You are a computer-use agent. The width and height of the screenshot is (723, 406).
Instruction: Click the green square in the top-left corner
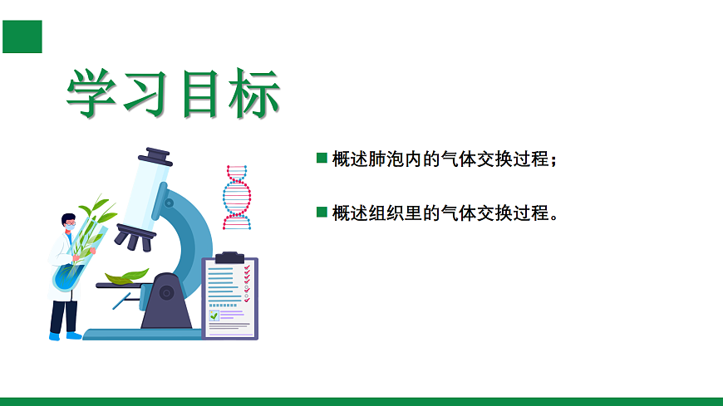click(x=22, y=36)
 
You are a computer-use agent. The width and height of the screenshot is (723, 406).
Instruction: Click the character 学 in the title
click(x=93, y=94)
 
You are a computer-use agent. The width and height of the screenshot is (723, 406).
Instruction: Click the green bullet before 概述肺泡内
click(x=322, y=158)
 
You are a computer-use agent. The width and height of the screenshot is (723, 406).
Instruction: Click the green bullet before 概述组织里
click(x=322, y=212)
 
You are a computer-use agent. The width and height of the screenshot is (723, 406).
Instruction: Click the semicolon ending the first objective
click(x=553, y=160)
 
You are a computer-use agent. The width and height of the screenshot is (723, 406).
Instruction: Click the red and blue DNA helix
click(x=237, y=197)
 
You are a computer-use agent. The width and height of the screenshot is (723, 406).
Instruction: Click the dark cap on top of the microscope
click(x=155, y=155)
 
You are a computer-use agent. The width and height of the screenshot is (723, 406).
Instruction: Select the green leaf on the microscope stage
click(x=125, y=276)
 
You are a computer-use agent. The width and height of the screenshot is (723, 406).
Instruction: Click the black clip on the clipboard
click(x=230, y=257)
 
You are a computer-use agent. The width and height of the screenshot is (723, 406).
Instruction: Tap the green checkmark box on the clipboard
click(x=214, y=316)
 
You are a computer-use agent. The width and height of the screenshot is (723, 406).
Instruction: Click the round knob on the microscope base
click(x=166, y=293)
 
